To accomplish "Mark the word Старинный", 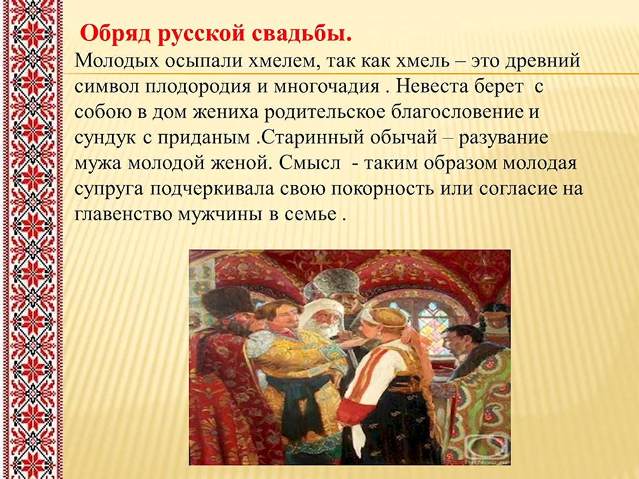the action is [312, 138].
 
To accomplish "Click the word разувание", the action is [504, 138].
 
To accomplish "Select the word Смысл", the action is [309, 164].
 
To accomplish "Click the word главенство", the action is [124, 215].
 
